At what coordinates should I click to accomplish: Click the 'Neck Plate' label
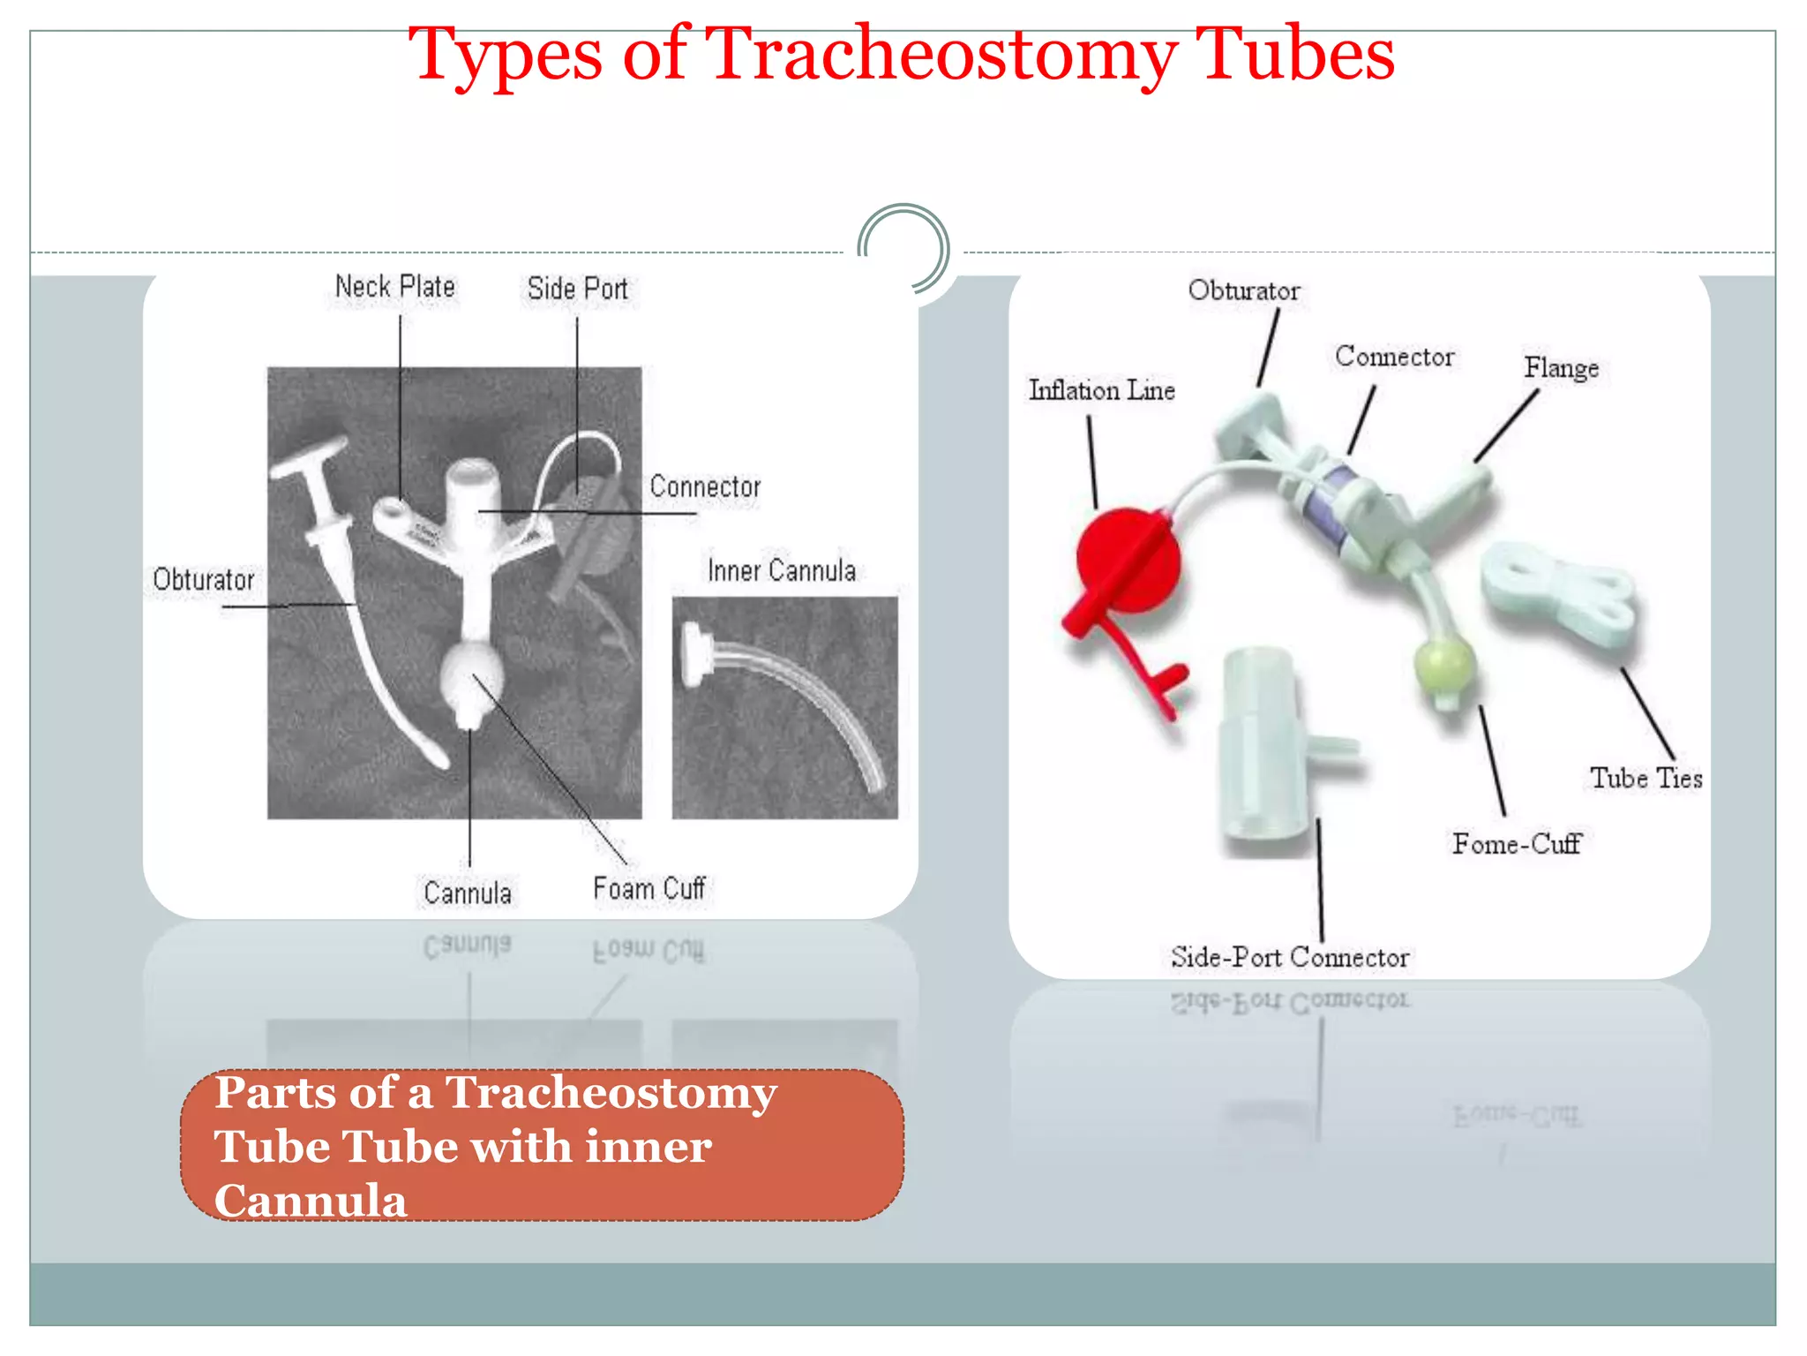[394, 287]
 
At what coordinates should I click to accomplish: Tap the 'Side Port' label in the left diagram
[577, 289]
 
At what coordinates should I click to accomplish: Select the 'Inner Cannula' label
[782, 570]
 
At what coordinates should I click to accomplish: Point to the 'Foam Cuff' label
[649, 888]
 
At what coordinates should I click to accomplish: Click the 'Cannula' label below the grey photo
[467, 893]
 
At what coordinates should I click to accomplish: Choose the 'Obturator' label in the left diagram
[204, 579]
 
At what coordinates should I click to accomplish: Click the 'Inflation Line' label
[1101, 390]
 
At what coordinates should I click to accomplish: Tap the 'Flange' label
[1561, 367]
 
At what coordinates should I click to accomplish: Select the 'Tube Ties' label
[1646, 778]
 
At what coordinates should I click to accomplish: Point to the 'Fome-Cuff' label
[1517, 844]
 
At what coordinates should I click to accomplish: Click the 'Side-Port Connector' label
[1289, 957]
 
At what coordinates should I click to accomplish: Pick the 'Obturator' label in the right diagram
[1243, 290]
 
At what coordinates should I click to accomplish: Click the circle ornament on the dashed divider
[903, 248]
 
